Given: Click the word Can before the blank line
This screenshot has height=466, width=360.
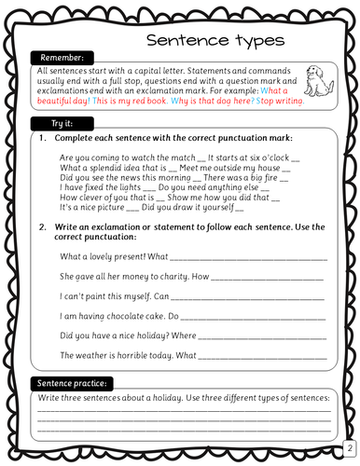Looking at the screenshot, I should [x=161, y=296].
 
